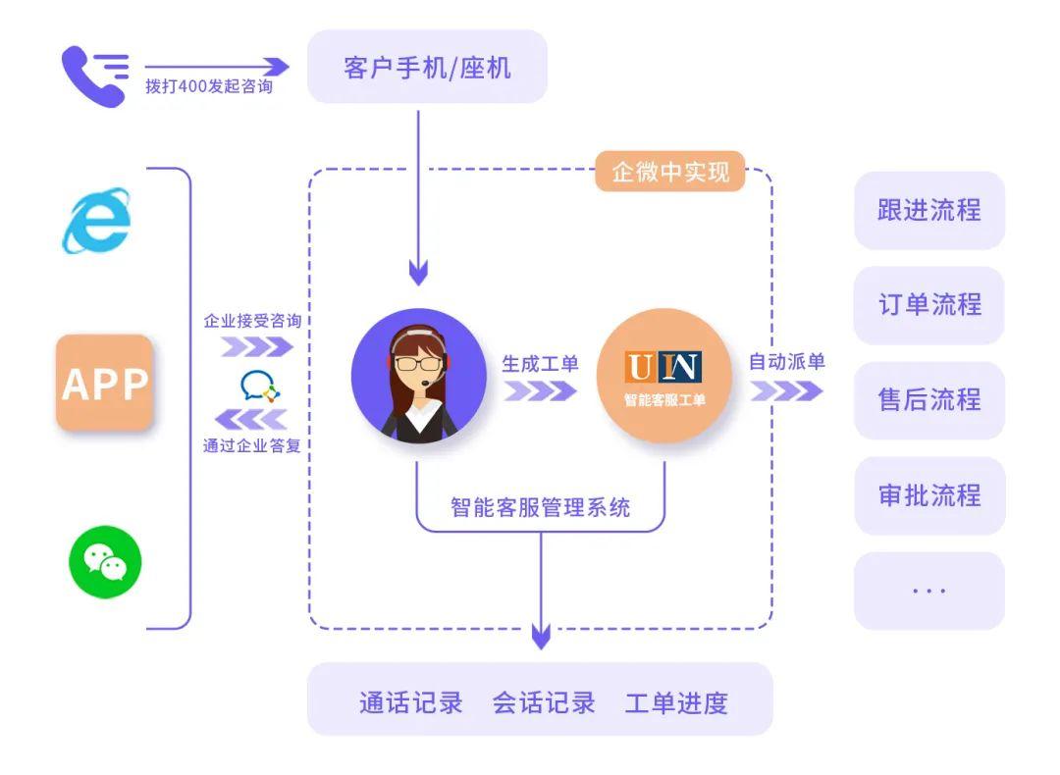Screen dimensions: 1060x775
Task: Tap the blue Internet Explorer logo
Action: point(96,221)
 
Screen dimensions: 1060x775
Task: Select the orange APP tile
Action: point(105,383)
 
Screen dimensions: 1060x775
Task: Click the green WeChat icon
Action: point(105,562)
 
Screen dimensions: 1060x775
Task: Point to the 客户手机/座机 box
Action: point(427,67)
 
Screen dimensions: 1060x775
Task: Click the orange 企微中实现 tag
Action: point(670,172)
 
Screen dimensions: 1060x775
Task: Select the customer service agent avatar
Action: point(418,376)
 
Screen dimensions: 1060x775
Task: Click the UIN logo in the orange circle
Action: point(663,367)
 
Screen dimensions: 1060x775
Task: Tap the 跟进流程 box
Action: point(929,210)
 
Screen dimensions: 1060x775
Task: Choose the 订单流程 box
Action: point(929,305)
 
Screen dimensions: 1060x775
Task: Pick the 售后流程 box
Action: point(929,400)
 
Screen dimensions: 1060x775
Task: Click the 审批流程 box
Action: point(929,495)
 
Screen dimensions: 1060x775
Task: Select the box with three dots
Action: point(929,591)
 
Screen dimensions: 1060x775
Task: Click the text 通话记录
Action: point(411,702)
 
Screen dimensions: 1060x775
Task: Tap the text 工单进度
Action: point(676,702)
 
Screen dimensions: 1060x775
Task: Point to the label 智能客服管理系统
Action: point(540,507)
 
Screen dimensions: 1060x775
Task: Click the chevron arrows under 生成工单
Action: point(540,390)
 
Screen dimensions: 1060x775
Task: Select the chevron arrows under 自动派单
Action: point(786,389)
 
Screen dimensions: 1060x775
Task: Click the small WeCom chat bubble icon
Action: point(260,387)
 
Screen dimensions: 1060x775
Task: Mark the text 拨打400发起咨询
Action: point(209,86)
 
